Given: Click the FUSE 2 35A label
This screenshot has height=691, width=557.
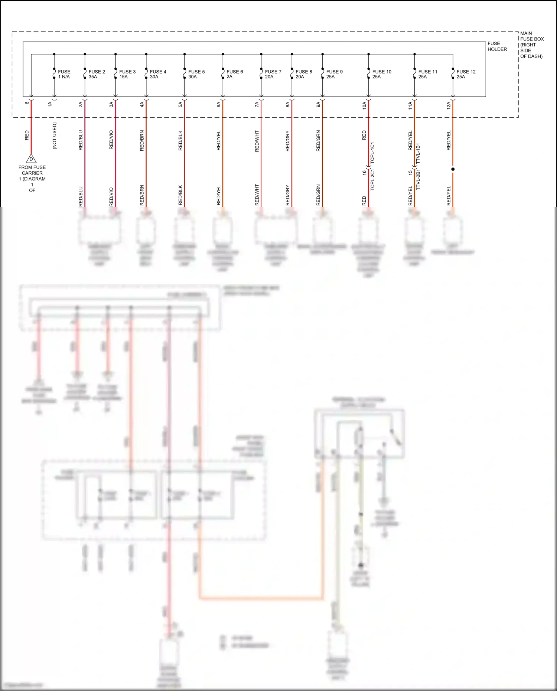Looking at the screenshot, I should pyautogui.click(x=97, y=74).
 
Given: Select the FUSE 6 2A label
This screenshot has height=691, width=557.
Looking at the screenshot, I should pyautogui.click(x=235, y=74).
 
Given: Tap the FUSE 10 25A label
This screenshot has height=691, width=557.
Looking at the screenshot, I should pyautogui.click(x=381, y=74).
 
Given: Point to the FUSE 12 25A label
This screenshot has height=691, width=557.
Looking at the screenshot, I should pyautogui.click(x=466, y=74).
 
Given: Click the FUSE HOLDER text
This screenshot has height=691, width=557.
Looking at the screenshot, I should pyautogui.click(x=497, y=46).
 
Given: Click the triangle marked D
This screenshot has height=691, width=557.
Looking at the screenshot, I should pyautogui.click(x=31, y=159).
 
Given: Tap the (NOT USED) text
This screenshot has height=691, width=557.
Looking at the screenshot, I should pyautogui.click(x=55, y=136).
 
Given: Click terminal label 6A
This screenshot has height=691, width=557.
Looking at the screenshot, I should pyautogui.click(x=219, y=105).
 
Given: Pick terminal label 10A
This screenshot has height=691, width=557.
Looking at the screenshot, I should pyautogui.click(x=364, y=105).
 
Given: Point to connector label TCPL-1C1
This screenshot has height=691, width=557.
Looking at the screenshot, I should pyautogui.click(x=372, y=153).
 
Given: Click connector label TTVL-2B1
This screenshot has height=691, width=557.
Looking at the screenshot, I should pyautogui.click(x=418, y=180).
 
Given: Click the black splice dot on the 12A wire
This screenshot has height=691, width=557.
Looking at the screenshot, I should pyautogui.click(x=453, y=169).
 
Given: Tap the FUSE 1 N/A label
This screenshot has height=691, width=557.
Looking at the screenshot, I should pyautogui.click(x=64, y=74).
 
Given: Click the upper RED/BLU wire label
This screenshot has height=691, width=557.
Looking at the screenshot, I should pyautogui.click(x=81, y=140).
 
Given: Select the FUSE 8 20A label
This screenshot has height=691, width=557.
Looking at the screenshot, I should pyautogui.click(x=303, y=74).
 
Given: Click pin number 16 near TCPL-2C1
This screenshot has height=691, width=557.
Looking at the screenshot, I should pyautogui.click(x=364, y=173).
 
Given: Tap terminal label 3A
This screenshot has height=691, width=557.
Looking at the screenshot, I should pyautogui.click(x=111, y=105).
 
